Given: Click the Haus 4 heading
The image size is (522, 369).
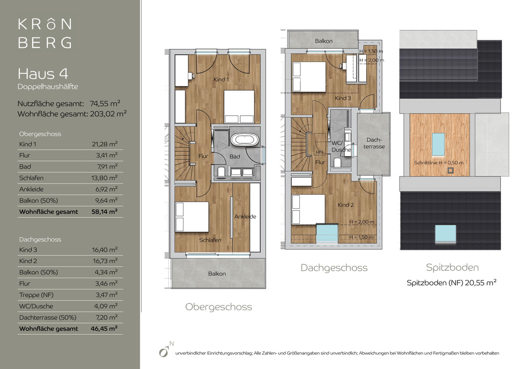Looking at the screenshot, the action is point(43,74).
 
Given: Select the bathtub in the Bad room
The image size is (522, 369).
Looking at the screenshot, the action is point(244,140).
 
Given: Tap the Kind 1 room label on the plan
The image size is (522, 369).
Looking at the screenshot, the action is point(221,80).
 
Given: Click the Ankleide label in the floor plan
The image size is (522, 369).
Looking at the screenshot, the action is point(245,216).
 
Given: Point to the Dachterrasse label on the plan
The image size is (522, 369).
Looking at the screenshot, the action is point(374,143).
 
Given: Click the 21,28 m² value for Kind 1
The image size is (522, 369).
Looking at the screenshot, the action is point(105,144).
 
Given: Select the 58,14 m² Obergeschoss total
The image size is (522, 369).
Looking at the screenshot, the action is point(104,212).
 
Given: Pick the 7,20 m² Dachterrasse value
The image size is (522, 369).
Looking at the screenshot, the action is point(106,317).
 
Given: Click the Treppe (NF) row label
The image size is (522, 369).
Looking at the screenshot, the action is point(37,295).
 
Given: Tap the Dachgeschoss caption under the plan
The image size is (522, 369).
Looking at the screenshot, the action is point(334,268).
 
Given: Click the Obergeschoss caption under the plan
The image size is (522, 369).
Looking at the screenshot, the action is point(218,307).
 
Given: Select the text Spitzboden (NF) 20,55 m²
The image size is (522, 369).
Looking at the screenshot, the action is point(452,283).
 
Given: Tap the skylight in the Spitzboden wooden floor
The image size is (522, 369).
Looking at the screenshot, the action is point(438,144).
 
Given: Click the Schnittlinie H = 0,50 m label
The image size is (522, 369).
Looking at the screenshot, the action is point(438,163).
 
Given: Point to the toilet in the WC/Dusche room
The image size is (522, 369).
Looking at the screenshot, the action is point(337,163).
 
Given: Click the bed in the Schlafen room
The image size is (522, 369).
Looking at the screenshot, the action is point(192,217).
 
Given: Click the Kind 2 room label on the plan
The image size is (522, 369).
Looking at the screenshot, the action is point(345,205).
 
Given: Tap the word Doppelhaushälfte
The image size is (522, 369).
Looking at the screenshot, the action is point(48,86).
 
